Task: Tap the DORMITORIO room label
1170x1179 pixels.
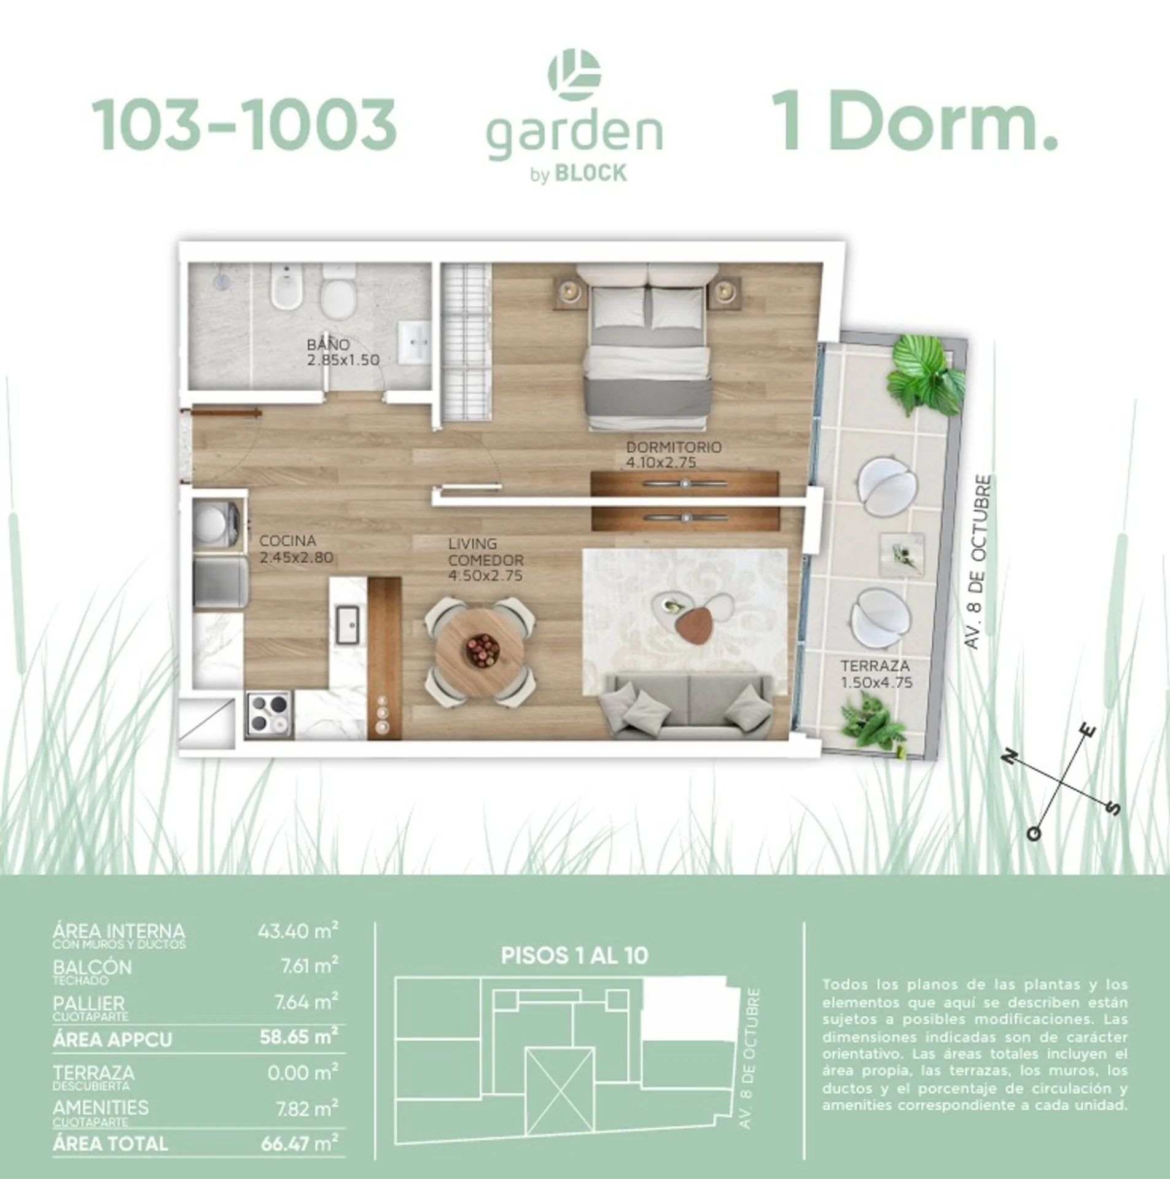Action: (674, 447)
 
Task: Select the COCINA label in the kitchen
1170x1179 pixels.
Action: (287, 541)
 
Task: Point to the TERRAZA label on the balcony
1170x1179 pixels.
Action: (875, 666)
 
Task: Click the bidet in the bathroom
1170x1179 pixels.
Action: (286, 287)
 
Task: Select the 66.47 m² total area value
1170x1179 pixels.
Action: (299, 1143)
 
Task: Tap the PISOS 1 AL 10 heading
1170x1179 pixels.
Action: (575, 956)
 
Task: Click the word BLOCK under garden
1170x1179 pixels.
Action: (591, 174)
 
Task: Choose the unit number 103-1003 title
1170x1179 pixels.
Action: (244, 125)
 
